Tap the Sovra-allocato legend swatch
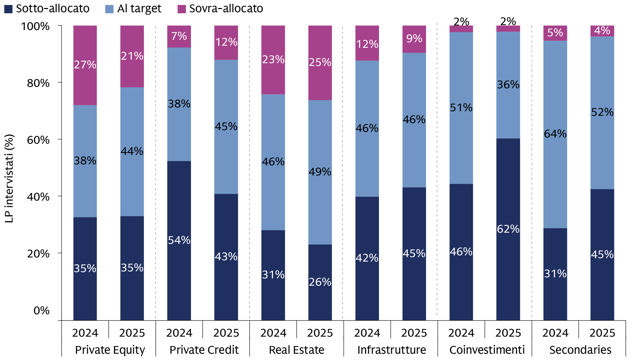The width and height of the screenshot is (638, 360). tap(182, 9)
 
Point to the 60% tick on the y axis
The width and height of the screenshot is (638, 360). tap(38, 140)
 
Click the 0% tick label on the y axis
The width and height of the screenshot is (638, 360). tap(41, 310)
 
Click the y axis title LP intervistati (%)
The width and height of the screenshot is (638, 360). tap(9, 178)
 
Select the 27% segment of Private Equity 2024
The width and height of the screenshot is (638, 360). tap(85, 65)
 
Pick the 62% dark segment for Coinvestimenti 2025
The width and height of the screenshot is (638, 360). tap(508, 229)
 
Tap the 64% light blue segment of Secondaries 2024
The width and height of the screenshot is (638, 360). tap(555, 134)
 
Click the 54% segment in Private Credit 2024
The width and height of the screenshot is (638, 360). tap(179, 240)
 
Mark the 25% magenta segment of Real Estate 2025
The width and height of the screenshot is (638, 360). tap(320, 63)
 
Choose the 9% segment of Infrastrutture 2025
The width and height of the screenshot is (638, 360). tap(414, 39)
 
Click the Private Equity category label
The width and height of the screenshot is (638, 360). tap(110, 350)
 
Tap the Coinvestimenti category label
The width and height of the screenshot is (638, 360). tap(487, 350)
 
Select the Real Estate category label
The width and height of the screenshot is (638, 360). tap(296, 350)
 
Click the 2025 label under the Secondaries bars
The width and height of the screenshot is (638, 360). tap(602, 333)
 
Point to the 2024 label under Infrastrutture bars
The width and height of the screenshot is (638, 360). tap(367, 333)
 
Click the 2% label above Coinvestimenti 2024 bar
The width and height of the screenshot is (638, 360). tap(461, 22)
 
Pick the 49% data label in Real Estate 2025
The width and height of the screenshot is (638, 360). tap(320, 172)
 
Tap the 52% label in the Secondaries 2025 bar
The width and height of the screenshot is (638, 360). tap(602, 112)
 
